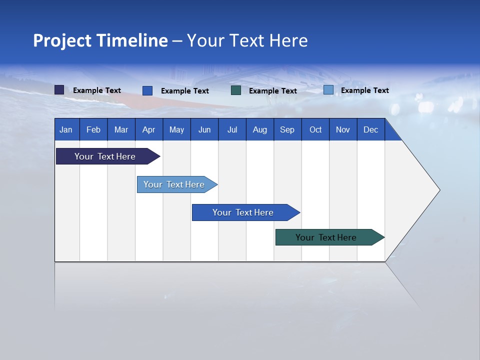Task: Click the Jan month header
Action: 66,129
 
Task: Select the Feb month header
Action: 93,129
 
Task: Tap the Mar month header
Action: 121,129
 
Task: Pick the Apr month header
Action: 149,129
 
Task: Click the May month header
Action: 176,129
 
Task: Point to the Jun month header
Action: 204,129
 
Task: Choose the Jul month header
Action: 232,129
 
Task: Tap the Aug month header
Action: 260,129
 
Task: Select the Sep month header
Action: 287,129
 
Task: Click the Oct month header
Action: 315,129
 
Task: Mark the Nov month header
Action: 343,129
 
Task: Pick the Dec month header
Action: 371,129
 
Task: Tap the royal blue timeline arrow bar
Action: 243,212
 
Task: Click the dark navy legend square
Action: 59,90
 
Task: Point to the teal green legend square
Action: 236,90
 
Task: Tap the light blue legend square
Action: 328,90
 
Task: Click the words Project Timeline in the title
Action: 100,40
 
